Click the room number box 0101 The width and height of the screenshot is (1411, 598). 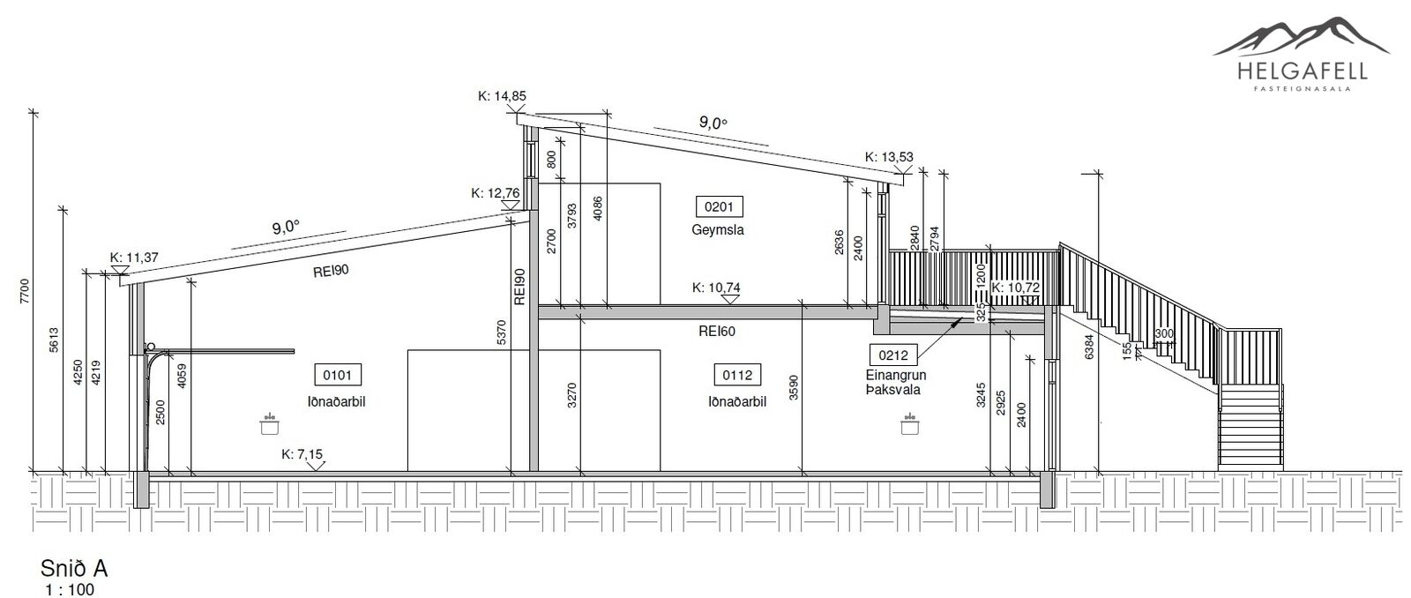pyautogui.click(x=338, y=375)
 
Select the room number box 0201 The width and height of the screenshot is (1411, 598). pyautogui.click(x=719, y=206)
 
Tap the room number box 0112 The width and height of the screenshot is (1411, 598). pyautogui.click(x=737, y=375)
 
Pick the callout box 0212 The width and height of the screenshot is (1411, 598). pyautogui.click(x=893, y=355)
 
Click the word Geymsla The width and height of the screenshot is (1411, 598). pyautogui.click(x=718, y=229)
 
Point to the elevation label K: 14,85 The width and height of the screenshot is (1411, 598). pyautogui.click(x=502, y=96)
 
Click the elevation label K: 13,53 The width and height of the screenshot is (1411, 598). pyautogui.click(x=889, y=156)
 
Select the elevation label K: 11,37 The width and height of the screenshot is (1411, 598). pyautogui.click(x=134, y=257)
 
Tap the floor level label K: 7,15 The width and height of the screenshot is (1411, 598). pyautogui.click(x=302, y=453)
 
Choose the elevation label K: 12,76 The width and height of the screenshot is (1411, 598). pyautogui.click(x=496, y=193)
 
